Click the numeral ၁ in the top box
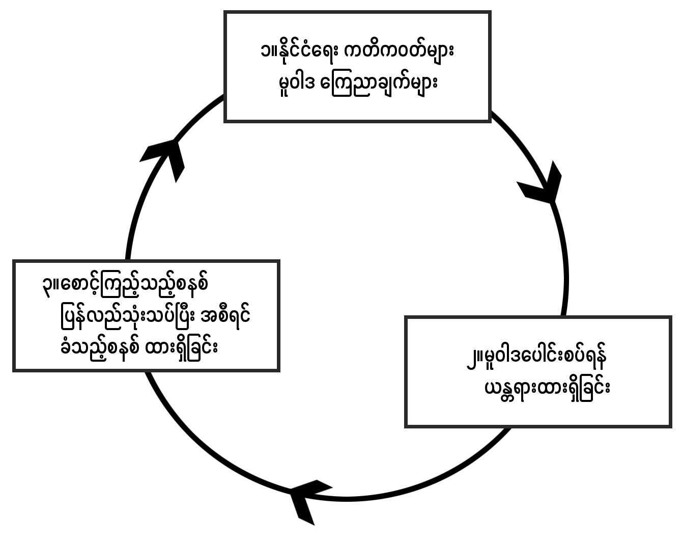(263, 52)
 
